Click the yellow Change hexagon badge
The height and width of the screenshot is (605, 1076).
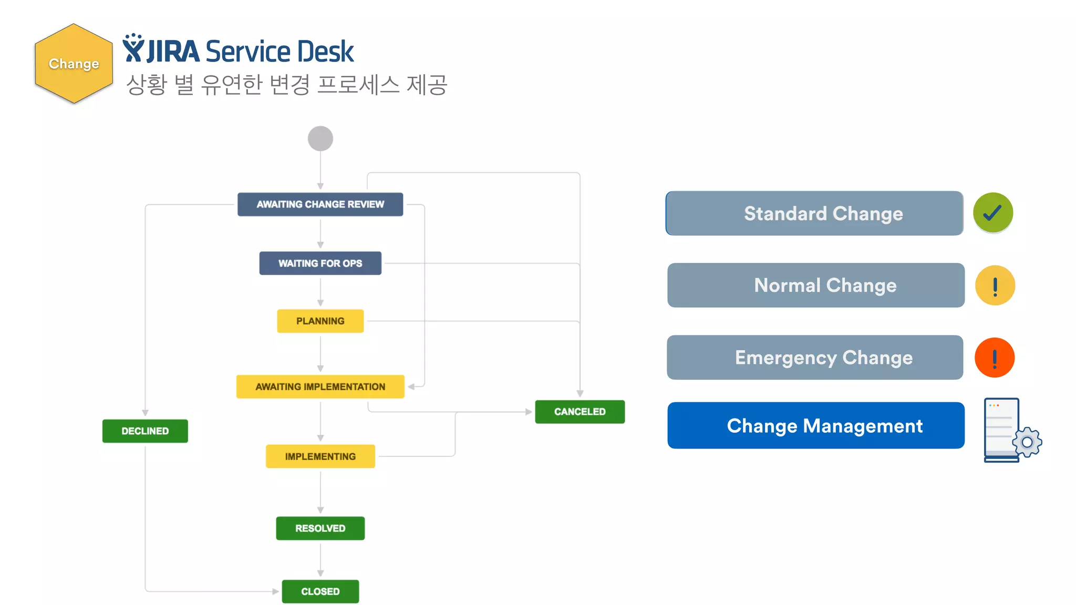click(x=74, y=64)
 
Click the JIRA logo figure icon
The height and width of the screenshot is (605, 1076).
click(x=133, y=48)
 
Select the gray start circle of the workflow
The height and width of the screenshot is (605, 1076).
click(x=320, y=139)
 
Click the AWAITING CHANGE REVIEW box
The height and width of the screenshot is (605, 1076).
click(x=320, y=204)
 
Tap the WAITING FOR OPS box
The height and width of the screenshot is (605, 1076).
click(x=320, y=263)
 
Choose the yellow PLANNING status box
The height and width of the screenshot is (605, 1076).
click(x=320, y=321)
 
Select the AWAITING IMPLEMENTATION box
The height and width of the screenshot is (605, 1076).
click(x=320, y=387)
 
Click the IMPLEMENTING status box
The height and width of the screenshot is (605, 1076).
click(x=320, y=456)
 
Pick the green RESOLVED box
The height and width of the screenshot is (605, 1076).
click(x=320, y=528)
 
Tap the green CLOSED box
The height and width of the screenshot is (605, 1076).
click(x=320, y=591)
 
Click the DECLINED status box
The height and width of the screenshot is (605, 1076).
click(x=145, y=431)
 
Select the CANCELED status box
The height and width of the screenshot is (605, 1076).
click(x=580, y=412)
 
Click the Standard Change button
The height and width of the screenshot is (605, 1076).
click(x=814, y=213)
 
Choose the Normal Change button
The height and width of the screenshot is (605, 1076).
click(x=816, y=285)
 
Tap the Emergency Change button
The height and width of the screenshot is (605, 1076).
click(x=815, y=357)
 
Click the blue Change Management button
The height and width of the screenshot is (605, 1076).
click(x=816, y=425)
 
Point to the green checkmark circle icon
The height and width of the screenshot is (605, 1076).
click(x=993, y=213)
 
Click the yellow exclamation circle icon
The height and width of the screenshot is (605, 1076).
click(x=995, y=285)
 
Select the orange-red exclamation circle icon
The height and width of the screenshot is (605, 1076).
click(x=995, y=358)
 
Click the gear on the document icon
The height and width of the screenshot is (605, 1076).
click(x=1027, y=443)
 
